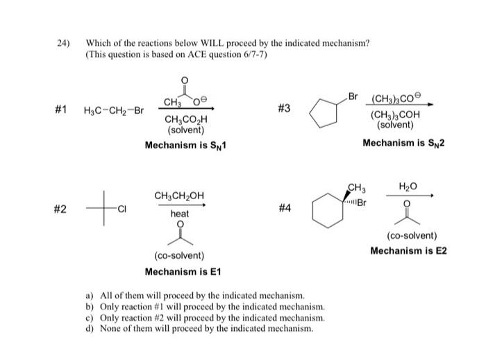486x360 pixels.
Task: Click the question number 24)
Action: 64,43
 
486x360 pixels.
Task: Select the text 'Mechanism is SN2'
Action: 403,143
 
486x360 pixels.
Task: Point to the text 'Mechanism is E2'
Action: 408,250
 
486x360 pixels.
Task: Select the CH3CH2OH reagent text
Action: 178,195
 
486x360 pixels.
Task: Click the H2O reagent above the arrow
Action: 406,186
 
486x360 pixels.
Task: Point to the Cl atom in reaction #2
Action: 121,207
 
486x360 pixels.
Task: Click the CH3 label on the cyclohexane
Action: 356,187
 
